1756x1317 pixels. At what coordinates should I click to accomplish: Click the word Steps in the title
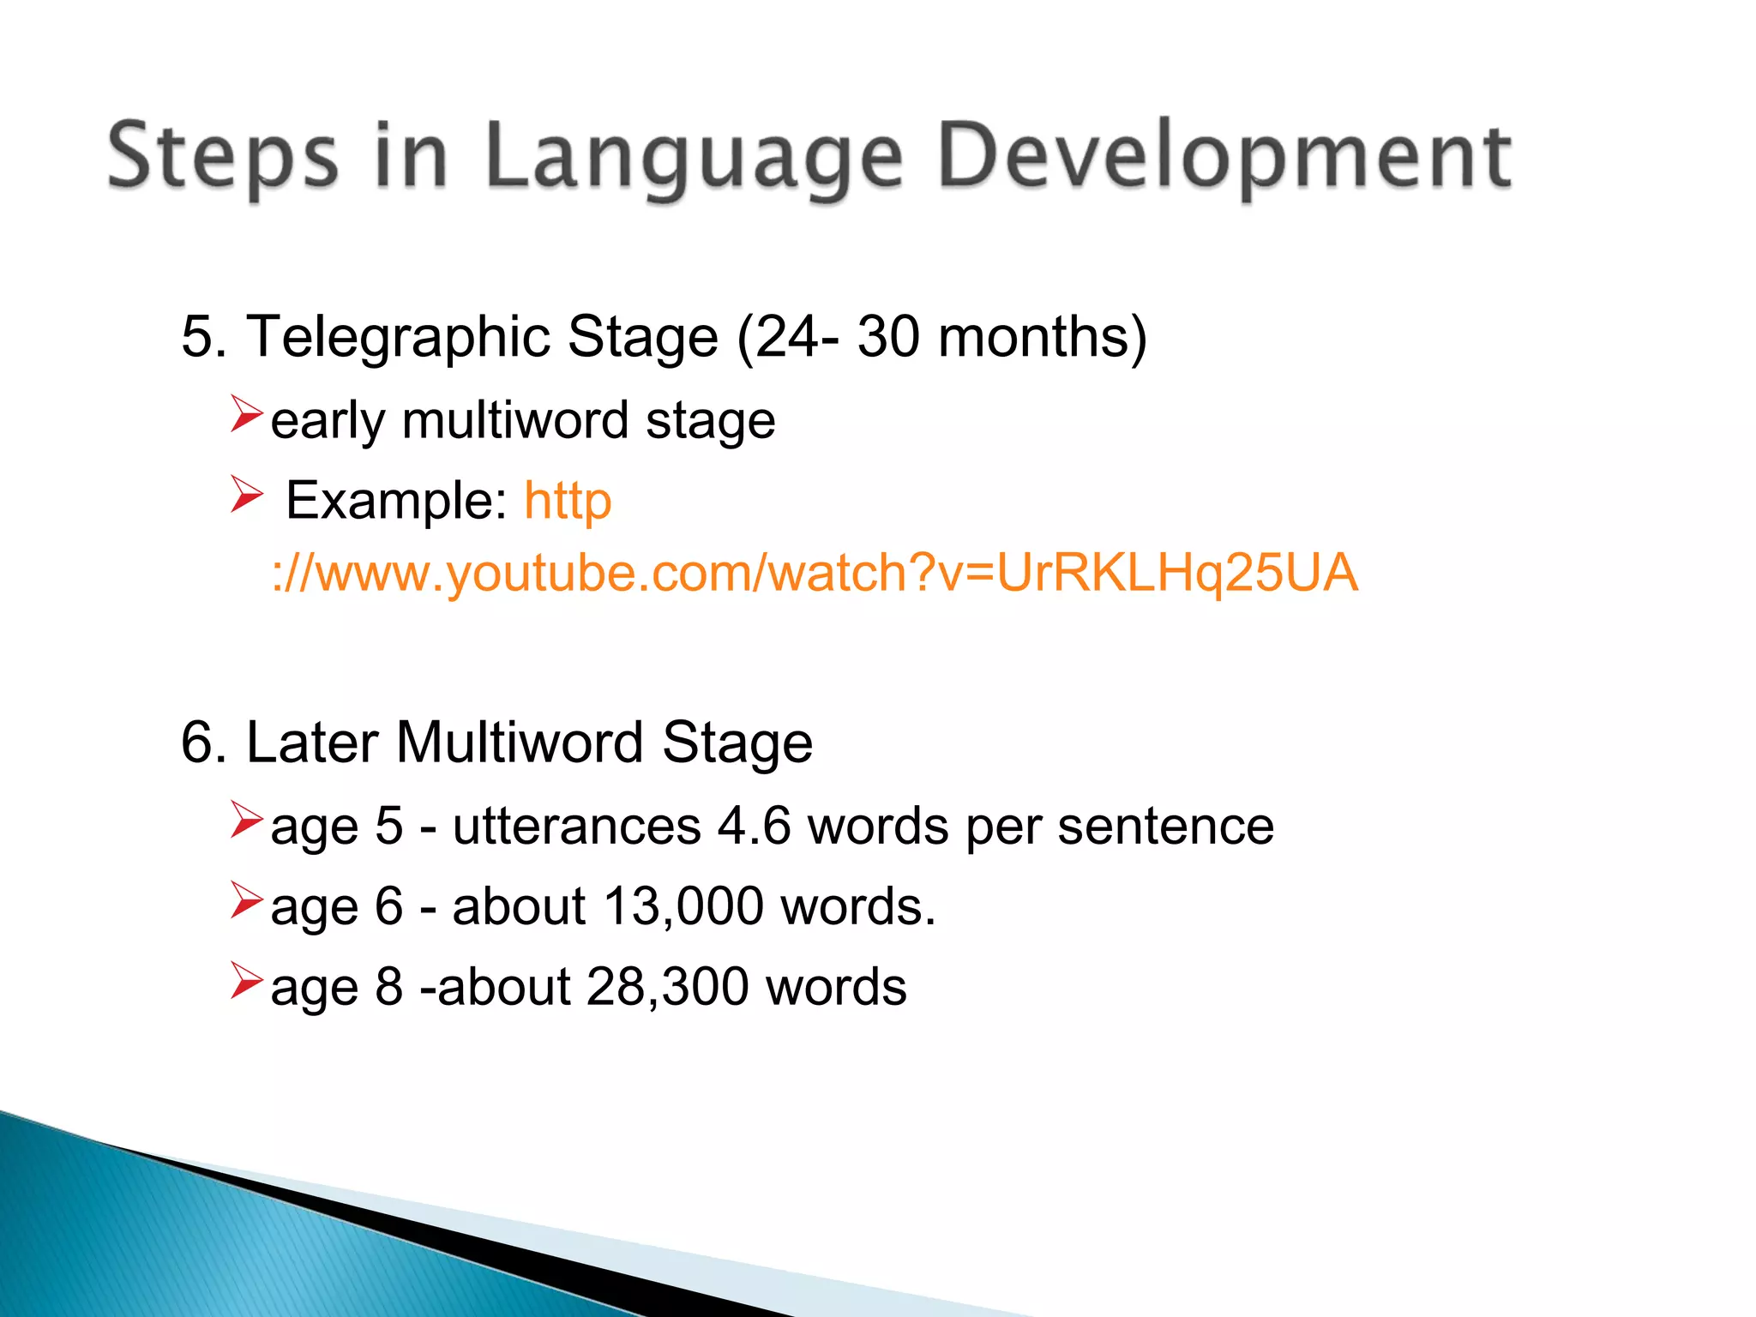[x=222, y=157]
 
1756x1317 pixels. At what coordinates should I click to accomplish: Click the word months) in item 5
[x=1043, y=336]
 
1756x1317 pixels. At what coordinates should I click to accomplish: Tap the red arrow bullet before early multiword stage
[x=246, y=414]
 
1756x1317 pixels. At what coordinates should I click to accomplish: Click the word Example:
[x=396, y=500]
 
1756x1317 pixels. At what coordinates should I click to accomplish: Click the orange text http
[x=568, y=502]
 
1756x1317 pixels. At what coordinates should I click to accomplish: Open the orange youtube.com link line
[x=815, y=573]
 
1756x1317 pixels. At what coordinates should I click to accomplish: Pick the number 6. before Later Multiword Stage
[x=204, y=742]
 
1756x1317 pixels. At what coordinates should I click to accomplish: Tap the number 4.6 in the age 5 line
[x=754, y=827]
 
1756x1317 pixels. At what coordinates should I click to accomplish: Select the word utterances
[x=577, y=827]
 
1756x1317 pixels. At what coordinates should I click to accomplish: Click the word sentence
[x=1165, y=827]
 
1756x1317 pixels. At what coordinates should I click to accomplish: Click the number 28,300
[x=668, y=987]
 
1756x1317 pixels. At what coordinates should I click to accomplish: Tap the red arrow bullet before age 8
[x=246, y=982]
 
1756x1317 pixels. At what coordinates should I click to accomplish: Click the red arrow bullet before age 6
[x=246, y=901]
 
